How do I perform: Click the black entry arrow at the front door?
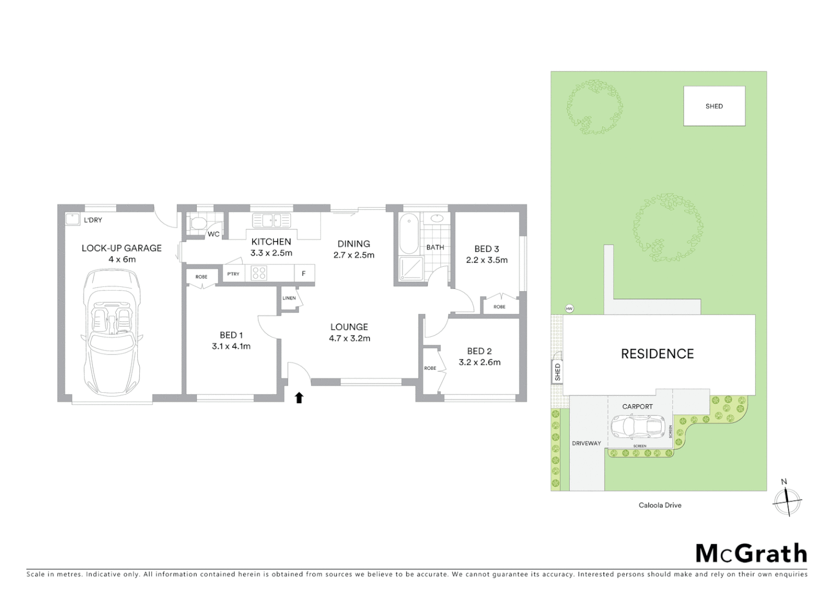pyautogui.click(x=299, y=398)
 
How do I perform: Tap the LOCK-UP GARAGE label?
pyautogui.click(x=121, y=248)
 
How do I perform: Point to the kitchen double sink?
pyautogui.click(x=271, y=221)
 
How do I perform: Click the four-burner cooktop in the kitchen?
pyautogui.click(x=258, y=273)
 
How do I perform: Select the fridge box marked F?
pyautogui.click(x=304, y=274)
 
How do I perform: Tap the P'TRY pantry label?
pyautogui.click(x=233, y=274)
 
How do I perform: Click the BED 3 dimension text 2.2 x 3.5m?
pyautogui.click(x=486, y=260)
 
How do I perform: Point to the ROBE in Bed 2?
pyautogui.click(x=431, y=369)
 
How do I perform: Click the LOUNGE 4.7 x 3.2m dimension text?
pyautogui.click(x=349, y=338)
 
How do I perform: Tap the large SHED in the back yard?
pyautogui.click(x=714, y=107)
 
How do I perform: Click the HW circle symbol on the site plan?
pyautogui.click(x=569, y=309)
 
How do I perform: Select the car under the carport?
pyautogui.click(x=637, y=427)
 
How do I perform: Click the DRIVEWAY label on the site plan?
pyautogui.click(x=586, y=443)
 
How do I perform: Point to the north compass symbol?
pyautogui.click(x=787, y=500)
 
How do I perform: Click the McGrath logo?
pyautogui.click(x=751, y=553)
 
